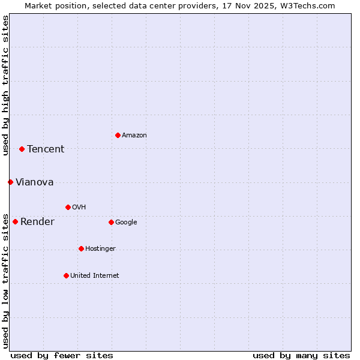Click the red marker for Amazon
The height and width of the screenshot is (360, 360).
(x=118, y=135)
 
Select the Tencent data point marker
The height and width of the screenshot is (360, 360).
(x=22, y=149)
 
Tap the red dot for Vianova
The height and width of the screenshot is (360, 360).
(x=10, y=182)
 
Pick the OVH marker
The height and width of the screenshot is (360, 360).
(x=68, y=207)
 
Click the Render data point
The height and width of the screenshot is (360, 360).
(x=15, y=221)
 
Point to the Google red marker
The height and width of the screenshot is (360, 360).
(x=111, y=222)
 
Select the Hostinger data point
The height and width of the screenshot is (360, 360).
(x=81, y=248)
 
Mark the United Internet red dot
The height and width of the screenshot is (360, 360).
(x=66, y=275)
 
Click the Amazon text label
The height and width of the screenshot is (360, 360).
(x=134, y=136)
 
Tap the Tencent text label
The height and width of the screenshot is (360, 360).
(x=46, y=149)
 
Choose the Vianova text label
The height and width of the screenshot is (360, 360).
(x=34, y=182)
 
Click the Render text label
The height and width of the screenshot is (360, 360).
(x=37, y=222)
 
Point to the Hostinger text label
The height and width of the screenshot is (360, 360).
(x=100, y=249)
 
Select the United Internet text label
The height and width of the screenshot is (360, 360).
(x=94, y=276)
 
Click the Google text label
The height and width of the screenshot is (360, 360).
(x=126, y=223)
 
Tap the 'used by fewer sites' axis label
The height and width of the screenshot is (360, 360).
(x=62, y=355)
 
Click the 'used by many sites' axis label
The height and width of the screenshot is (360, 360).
(x=301, y=355)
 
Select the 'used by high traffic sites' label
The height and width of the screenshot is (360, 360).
(x=6, y=85)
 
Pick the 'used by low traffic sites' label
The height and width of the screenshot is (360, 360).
(x=6, y=281)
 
